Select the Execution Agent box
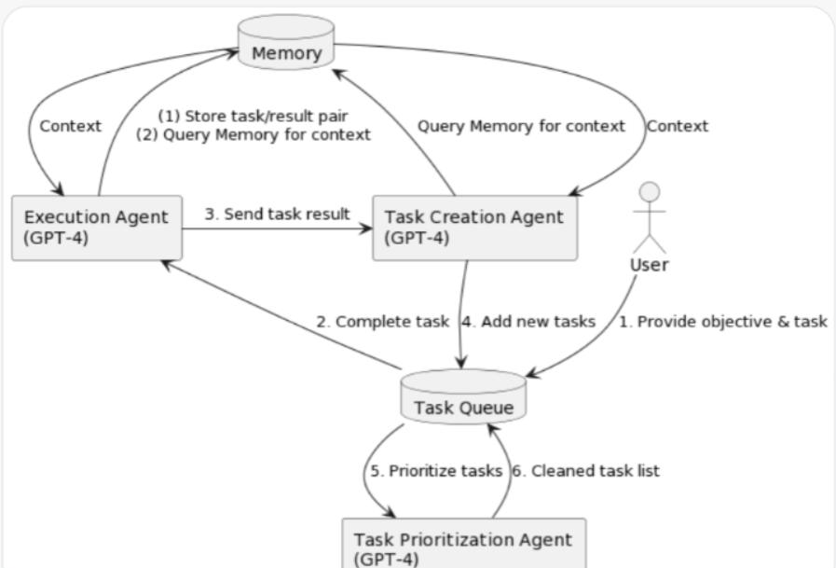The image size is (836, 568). pyautogui.click(x=96, y=228)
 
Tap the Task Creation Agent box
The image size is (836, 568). pyautogui.click(x=473, y=228)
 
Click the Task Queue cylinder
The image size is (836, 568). pyautogui.click(x=463, y=400)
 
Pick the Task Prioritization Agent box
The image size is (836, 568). pyautogui.click(x=463, y=545)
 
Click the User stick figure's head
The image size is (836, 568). pyautogui.click(x=649, y=193)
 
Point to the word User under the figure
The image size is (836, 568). pyautogui.click(x=649, y=265)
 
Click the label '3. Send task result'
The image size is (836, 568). pyautogui.click(x=277, y=214)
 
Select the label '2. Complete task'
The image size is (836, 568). pyautogui.click(x=382, y=322)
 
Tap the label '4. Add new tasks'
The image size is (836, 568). pyautogui.click(x=528, y=322)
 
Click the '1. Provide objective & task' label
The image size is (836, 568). pyautogui.click(x=723, y=322)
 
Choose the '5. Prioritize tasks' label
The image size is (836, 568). pyautogui.click(x=436, y=471)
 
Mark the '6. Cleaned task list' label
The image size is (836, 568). pyautogui.click(x=586, y=471)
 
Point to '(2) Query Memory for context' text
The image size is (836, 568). pyautogui.click(x=254, y=134)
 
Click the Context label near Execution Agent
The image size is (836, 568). pyautogui.click(x=70, y=126)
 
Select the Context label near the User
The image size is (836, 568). pyautogui.click(x=678, y=126)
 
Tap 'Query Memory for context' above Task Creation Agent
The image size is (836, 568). pyautogui.click(x=521, y=126)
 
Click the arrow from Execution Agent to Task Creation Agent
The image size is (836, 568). pyautogui.click(x=277, y=228)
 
